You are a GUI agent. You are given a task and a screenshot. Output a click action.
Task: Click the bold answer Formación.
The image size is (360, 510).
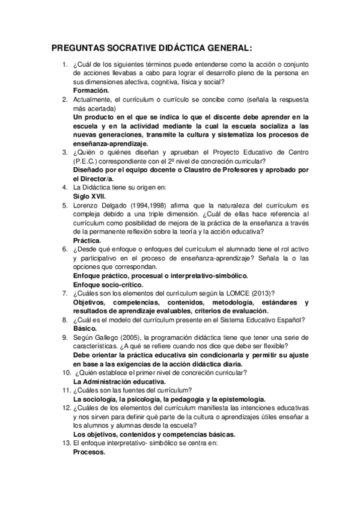(91, 90)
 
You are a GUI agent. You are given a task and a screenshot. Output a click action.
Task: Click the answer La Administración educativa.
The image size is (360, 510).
(119, 381)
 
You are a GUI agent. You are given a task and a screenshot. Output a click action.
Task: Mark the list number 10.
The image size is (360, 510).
(64, 372)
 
